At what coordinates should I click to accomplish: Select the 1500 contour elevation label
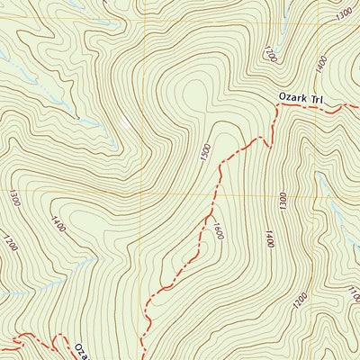[206, 153]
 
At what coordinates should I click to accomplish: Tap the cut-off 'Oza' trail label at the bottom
[81, 350]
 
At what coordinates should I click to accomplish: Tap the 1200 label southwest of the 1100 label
[301, 298]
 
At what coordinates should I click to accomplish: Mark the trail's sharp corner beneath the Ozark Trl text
[275, 106]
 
